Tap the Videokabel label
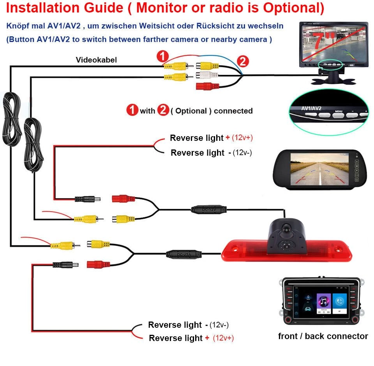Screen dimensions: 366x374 click(x=96, y=60)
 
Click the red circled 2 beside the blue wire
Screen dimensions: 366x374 click(x=242, y=61)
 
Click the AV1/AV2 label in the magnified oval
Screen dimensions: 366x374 click(x=310, y=108)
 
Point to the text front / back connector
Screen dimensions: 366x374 click(x=323, y=336)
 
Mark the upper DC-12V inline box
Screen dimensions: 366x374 click(x=208, y=209)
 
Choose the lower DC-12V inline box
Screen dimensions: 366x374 click(x=184, y=254)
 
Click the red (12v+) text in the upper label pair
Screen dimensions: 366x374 click(x=245, y=138)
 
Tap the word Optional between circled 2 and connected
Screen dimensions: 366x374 click(x=191, y=111)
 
